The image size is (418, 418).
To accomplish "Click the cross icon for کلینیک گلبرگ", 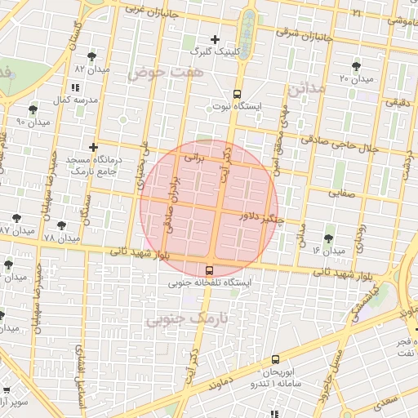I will (x=215, y=39).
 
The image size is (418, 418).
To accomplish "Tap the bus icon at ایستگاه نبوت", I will (x=237, y=93).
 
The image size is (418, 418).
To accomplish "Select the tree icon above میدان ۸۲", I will (x=90, y=56).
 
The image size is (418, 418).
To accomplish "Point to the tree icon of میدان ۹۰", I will (x=33, y=109).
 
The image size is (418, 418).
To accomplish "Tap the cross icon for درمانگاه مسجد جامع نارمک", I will (x=94, y=147).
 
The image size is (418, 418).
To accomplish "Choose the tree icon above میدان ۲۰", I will (x=356, y=66).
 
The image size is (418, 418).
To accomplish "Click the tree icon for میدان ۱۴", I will (x=328, y=238).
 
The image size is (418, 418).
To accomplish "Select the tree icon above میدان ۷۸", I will (x=61, y=225).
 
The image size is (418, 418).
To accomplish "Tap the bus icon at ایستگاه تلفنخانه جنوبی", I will (x=210, y=270).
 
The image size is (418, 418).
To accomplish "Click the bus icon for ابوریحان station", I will (x=274, y=359).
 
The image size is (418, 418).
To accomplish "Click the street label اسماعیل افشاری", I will (x=80, y=366).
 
